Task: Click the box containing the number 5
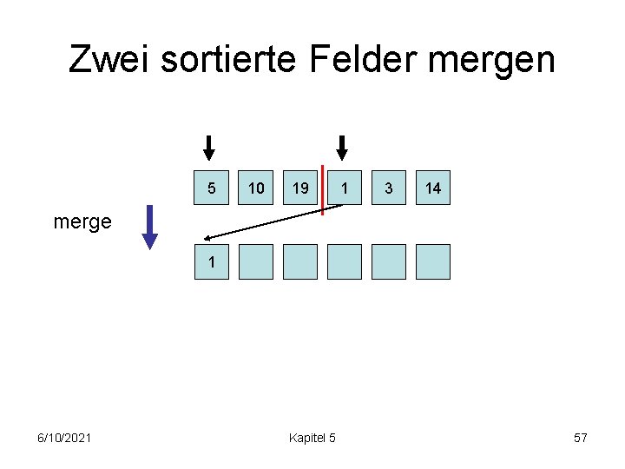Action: tap(212, 188)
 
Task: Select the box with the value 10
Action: tap(256, 188)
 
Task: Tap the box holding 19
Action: tap(300, 188)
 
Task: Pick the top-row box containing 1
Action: tap(345, 188)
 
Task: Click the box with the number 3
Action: tap(389, 188)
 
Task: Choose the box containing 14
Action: tap(433, 188)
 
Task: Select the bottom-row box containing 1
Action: tap(212, 261)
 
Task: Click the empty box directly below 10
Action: tap(256, 261)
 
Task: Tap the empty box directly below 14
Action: tap(433, 261)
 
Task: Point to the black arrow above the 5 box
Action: tap(208, 148)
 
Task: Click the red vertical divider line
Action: tap(322, 188)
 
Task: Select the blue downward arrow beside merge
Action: tap(150, 227)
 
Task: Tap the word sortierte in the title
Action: tap(228, 59)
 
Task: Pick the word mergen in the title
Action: tap(497, 61)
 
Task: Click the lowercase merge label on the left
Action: tap(82, 221)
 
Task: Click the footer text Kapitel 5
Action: tap(312, 437)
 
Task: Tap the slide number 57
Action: tap(581, 437)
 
